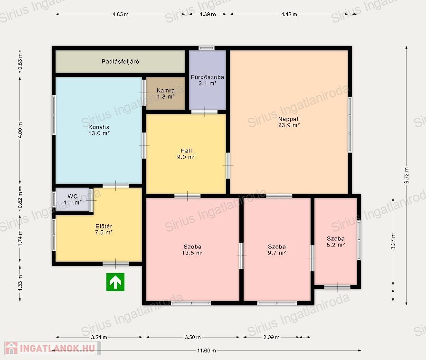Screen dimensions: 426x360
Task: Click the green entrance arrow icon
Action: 115,282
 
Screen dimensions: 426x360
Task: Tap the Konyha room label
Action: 99,130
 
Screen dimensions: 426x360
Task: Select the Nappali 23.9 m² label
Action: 289,122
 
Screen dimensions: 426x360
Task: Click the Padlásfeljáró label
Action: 120,61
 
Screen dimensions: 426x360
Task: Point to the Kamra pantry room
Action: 166,94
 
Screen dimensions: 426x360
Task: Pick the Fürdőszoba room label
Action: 207,80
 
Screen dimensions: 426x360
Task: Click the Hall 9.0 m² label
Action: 186,154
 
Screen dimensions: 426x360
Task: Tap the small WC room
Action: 73,199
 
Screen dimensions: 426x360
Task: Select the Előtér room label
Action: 104,229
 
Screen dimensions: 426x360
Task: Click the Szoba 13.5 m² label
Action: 192,250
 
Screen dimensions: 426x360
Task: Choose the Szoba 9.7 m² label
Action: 276,250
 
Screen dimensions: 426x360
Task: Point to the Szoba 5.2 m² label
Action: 336,242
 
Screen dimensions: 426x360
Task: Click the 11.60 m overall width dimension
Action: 207,351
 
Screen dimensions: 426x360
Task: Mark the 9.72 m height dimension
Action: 407,176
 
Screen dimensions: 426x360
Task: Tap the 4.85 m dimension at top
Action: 120,14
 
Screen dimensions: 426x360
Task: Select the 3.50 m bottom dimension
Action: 193,337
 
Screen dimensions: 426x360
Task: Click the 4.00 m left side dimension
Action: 20,130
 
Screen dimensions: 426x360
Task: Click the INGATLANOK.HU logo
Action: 52,348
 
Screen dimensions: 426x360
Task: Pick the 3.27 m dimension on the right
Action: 393,241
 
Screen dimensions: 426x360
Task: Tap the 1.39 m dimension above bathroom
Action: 208,14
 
